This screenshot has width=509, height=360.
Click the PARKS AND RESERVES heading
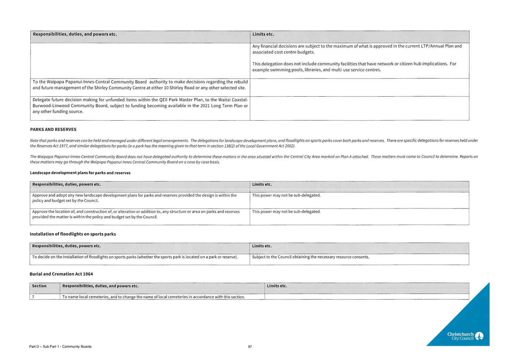click(53, 129)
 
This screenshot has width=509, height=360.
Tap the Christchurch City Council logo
click(465, 336)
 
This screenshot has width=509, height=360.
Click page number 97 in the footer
click(250, 347)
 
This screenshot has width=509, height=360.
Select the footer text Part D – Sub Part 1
click(60, 347)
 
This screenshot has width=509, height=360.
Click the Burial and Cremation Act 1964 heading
click(61, 274)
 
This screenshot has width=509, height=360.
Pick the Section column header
click(39, 286)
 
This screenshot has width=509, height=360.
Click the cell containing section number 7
click(44, 297)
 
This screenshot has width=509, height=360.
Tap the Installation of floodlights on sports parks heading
click(73, 234)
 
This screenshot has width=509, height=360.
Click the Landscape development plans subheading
click(80, 173)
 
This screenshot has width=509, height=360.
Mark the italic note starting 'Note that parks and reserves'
click(254, 143)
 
